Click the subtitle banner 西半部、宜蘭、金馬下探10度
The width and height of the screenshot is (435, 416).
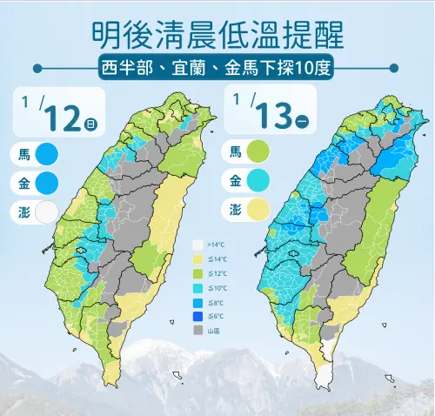(x=217, y=67)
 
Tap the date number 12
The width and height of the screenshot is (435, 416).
(x=63, y=116)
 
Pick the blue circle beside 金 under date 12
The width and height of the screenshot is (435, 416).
(x=46, y=183)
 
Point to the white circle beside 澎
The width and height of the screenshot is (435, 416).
(x=46, y=211)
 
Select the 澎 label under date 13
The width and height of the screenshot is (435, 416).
(x=236, y=210)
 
